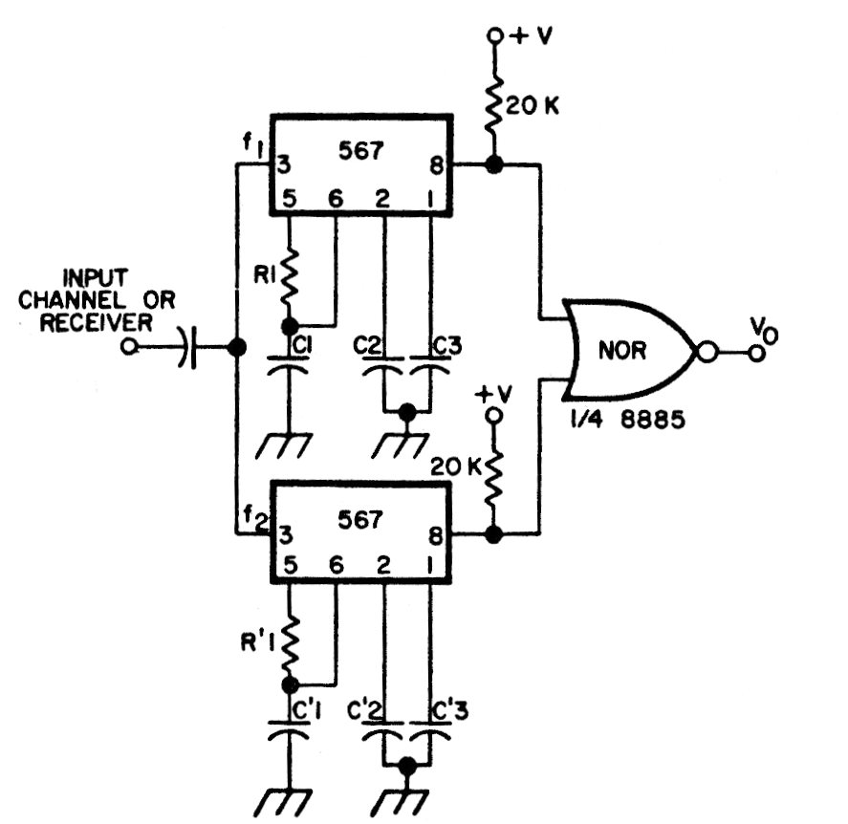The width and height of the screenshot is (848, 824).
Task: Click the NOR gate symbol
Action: point(627,350)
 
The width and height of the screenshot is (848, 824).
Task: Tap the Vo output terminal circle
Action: point(756,353)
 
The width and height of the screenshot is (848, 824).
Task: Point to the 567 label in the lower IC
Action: point(360,520)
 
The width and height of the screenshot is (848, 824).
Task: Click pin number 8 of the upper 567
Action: point(436,165)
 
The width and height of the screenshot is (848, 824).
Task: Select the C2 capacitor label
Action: point(367,344)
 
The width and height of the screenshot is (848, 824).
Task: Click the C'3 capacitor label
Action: point(450,711)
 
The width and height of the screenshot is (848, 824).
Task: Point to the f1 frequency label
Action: point(252,144)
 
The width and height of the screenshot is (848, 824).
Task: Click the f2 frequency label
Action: point(255,517)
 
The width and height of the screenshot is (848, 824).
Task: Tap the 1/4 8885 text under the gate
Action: point(628,419)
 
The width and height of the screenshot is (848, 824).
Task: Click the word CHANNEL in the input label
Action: point(72,299)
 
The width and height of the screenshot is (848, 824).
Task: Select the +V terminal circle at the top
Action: point(494,36)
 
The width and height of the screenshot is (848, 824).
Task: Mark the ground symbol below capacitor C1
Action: point(284,446)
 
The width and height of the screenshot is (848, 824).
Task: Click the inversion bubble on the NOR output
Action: point(707,353)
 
